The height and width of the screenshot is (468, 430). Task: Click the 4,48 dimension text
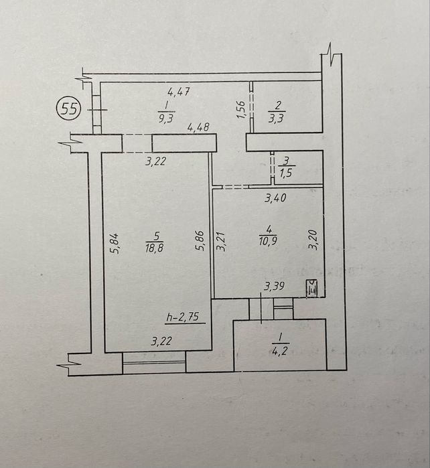click(x=200, y=126)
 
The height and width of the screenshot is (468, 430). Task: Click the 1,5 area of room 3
click(x=287, y=173)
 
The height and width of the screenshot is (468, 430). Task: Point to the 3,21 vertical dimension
click(x=220, y=240)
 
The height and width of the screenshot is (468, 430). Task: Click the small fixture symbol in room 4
click(x=311, y=289)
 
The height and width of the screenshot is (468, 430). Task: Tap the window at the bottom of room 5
click(x=154, y=365)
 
